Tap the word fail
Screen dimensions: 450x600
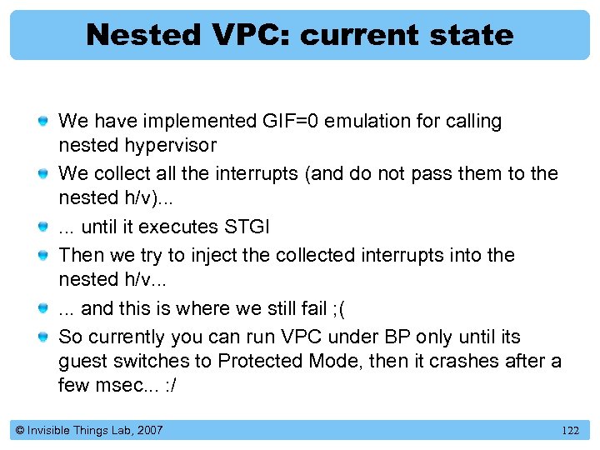click(311, 308)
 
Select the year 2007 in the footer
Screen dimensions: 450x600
click(149, 431)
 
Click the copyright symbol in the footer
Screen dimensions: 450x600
click(18, 431)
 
